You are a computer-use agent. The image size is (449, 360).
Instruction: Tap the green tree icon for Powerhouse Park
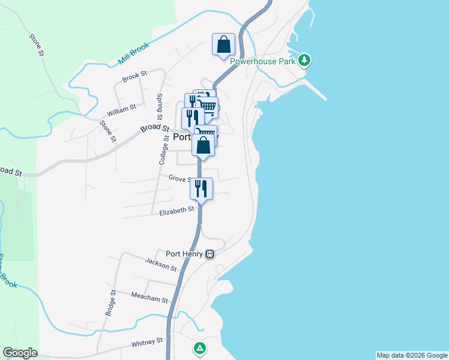click(306, 60)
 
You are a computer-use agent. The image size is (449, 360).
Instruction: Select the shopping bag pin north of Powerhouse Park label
click(224, 45)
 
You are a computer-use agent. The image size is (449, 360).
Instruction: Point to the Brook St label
click(134, 76)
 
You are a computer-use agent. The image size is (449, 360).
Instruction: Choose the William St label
click(121, 109)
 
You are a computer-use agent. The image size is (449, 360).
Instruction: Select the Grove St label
click(179, 178)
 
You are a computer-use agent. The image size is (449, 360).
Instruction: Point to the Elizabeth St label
click(177, 211)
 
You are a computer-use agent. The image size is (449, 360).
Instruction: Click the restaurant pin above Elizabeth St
click(201, 189)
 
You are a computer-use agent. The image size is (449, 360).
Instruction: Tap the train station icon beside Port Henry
click(209, 254)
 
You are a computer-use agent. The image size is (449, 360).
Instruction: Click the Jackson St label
click(161, 263)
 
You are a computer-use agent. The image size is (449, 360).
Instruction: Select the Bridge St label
click(110, 302)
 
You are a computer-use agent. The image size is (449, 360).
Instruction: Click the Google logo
click(20, 353)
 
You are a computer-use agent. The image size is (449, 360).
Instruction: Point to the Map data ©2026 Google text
click(412, 355)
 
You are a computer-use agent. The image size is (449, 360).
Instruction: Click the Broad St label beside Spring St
click(155, 128)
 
